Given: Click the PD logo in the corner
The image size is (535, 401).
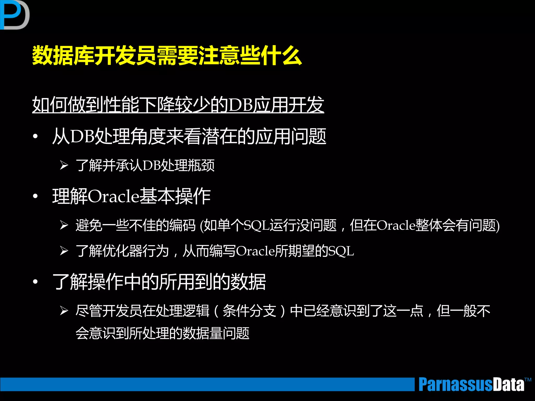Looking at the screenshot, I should [14, 15].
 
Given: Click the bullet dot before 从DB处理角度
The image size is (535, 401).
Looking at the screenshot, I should [36, 136].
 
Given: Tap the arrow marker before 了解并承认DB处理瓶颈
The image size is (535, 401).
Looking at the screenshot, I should [64, 165].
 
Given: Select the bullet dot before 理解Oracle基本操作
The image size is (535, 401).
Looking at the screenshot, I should [36, 196].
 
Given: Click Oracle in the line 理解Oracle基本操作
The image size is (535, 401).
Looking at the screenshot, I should [114, 196].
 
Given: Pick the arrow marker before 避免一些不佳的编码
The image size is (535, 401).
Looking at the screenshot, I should [64, 225].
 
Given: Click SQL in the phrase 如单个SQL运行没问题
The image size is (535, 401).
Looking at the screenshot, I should [256, 225].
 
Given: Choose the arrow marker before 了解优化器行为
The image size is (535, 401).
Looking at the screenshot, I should [64, 251].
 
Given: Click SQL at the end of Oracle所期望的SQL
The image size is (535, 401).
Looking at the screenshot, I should [341, 251].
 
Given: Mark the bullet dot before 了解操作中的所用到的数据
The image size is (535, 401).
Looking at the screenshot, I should [36, 282].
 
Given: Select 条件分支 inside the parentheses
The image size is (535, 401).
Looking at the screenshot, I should [249, 311].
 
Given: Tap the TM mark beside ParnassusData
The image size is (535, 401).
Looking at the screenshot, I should [528, 380].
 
